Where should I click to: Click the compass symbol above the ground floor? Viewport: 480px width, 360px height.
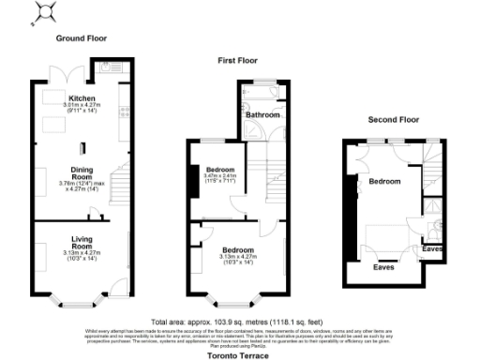pos(41,13)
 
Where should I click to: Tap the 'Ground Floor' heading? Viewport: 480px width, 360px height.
pos(82,38)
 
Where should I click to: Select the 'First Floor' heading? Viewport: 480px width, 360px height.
pos(238,60)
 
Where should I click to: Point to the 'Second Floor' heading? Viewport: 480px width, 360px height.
pos(392,120)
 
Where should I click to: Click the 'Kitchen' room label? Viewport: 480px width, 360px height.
pos(81,98)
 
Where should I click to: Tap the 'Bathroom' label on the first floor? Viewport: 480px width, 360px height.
pos(263,114)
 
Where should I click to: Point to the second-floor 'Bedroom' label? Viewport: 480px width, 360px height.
pos(384,180)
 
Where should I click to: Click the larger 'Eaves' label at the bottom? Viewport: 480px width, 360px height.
pos(384,267)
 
